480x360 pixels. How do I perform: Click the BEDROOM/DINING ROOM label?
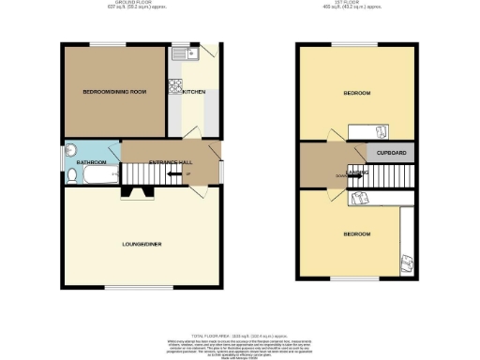(114, 92)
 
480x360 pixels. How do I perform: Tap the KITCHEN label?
(194, 92)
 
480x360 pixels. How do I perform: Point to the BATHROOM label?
(90, 162)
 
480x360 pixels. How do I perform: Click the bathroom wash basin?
(72, 150)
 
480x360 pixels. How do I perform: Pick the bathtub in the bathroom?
(92, 174)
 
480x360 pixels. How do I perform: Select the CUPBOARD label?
(392, 152)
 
